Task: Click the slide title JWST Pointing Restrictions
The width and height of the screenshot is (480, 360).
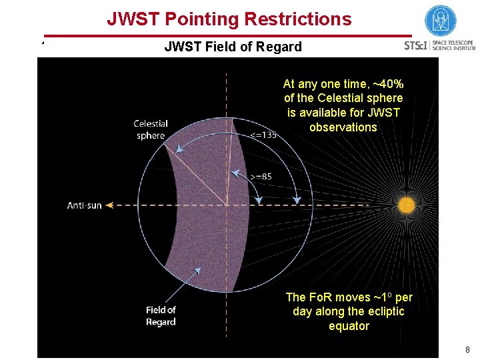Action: pyautogui.click(x=229, y=19)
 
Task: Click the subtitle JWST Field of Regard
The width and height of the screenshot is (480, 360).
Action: pyautogui.click(x=233, y=47)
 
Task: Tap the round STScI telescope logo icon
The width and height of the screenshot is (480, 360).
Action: pyautogui.click(x=441, y=21)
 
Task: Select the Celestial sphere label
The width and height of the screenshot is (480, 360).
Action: pyautogui.click(x=150, y=129)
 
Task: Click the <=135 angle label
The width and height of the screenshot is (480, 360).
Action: pyautogui.click(x=263, y=135)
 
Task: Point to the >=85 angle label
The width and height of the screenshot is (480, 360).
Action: pyautogui.click(x=260, y=177)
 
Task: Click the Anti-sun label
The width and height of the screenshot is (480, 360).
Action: pyautogui.click(x=85, y=205)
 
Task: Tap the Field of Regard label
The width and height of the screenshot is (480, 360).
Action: pyautogui.click(x=161, y=316)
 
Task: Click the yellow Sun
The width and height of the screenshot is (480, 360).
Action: pyautogui.click(x=406, y=206)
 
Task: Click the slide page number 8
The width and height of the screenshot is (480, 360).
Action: pyautogui.click(x=467, y=349)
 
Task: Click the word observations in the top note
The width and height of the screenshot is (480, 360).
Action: pyautogui.click(x=343, y=127)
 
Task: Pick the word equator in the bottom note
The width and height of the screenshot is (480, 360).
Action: pyautogui.click(x=349, y=326)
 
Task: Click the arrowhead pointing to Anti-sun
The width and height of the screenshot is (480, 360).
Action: pyautogui.click(x=110, y=205)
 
